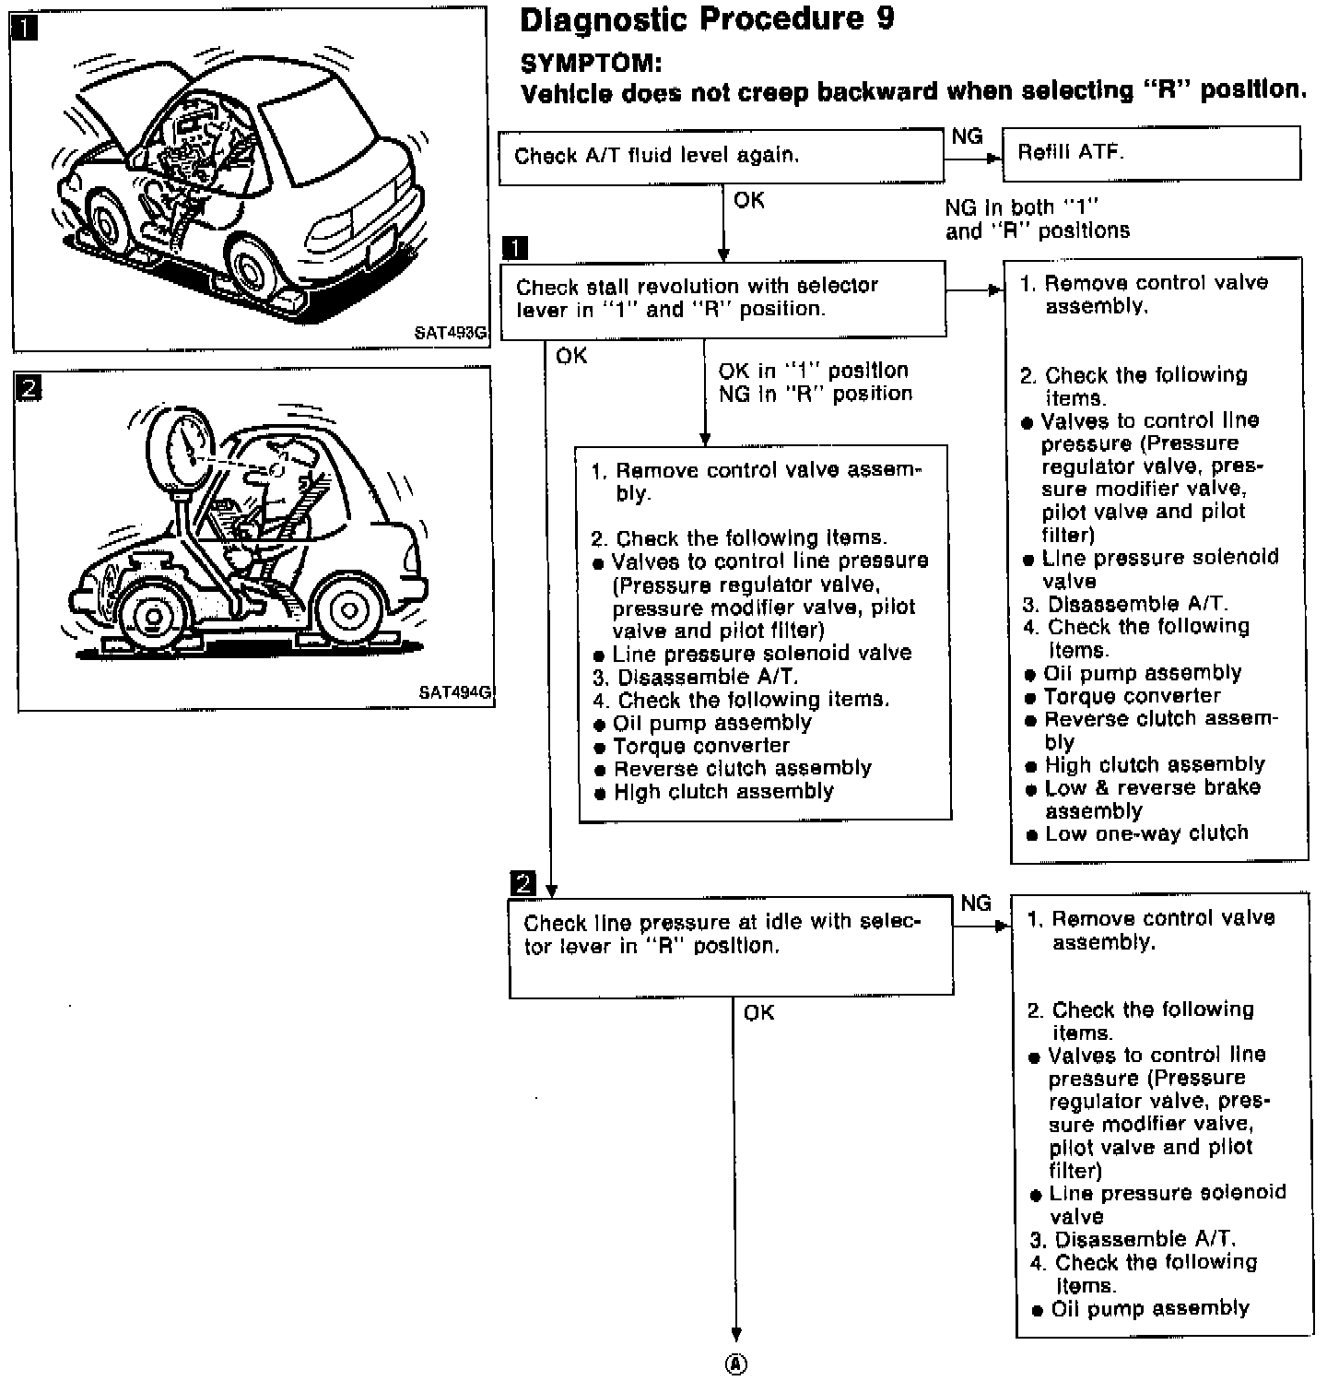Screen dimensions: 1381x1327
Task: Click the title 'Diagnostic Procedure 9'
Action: [x=706, y=20]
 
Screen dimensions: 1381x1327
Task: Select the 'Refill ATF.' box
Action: [x=1150, y=153]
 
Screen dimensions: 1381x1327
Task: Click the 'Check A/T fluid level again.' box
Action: [x=720, y=156]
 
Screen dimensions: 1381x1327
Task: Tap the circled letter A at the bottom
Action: [x=736, y=1364]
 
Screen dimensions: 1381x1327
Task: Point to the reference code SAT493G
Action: [x=450, y=333]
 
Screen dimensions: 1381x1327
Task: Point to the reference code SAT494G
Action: [x=455, y=692]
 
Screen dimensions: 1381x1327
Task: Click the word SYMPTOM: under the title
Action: [x=591, y=64]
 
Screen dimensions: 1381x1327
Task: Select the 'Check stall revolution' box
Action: [x=722, y=298]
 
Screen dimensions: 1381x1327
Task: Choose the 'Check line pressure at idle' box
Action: [x=730, y=945]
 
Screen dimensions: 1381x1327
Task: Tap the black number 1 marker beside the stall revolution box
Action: [x=515, y=248]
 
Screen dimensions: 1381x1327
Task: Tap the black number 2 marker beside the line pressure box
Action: [x=523, y=883]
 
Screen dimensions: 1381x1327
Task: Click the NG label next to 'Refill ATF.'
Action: [x=967, y=136]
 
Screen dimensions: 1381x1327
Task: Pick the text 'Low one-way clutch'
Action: [x=1146, y=833]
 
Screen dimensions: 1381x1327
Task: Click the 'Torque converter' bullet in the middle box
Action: [x=701, y=746]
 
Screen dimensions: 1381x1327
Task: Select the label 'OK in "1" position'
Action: [x=813, y=371]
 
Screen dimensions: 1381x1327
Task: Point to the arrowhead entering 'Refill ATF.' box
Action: [x=993, y=158]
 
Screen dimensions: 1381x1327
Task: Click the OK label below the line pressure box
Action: [x=758, y=1013]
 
